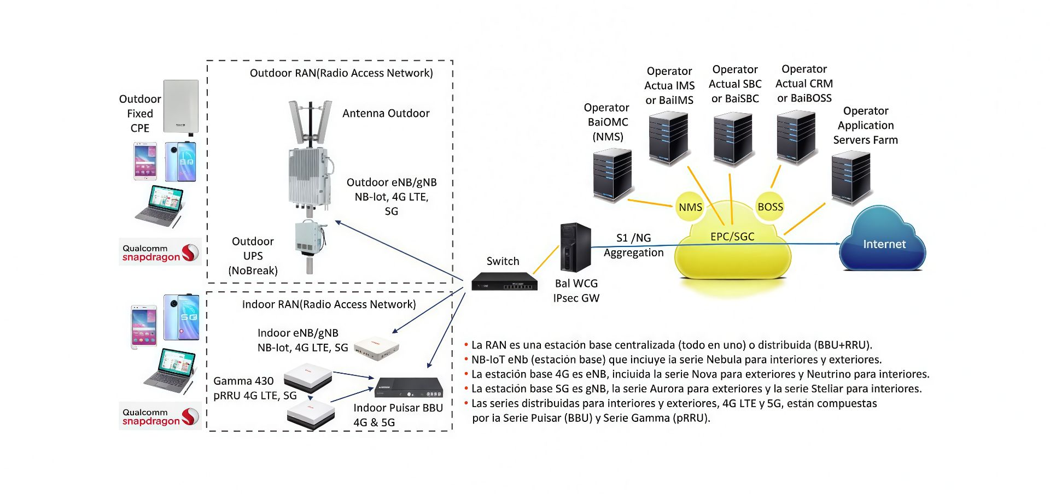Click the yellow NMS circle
[x=690, y=207]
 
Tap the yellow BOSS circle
[x=770, y=207]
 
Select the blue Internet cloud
[x=883, y=242]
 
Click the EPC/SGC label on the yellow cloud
[x=732, y=237]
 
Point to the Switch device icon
[x=504, y=281]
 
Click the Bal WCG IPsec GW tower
[x=575, y=247]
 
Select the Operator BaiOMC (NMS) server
[x=612, y=175]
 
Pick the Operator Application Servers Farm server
[x=850, y=178]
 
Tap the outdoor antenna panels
[x=310, y=121]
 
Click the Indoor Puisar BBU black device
[x=408, y=387]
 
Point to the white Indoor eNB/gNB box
[x=376, y=348]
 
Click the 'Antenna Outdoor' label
[x=386, y=113]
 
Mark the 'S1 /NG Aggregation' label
[x=633, y=245]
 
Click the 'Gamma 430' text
[x=243, y=381]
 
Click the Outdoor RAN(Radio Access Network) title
[x=341, y=73]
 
